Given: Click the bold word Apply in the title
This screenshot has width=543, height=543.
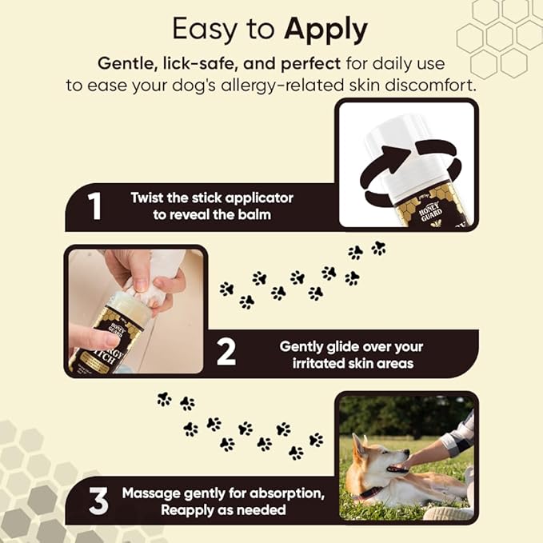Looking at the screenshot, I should click(324, 31).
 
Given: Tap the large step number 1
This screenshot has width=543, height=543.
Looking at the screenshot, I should click(96, 206).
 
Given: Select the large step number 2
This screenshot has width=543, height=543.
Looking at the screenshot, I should click(226, 353).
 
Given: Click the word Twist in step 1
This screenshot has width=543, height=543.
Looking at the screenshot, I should click(148, 198).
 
